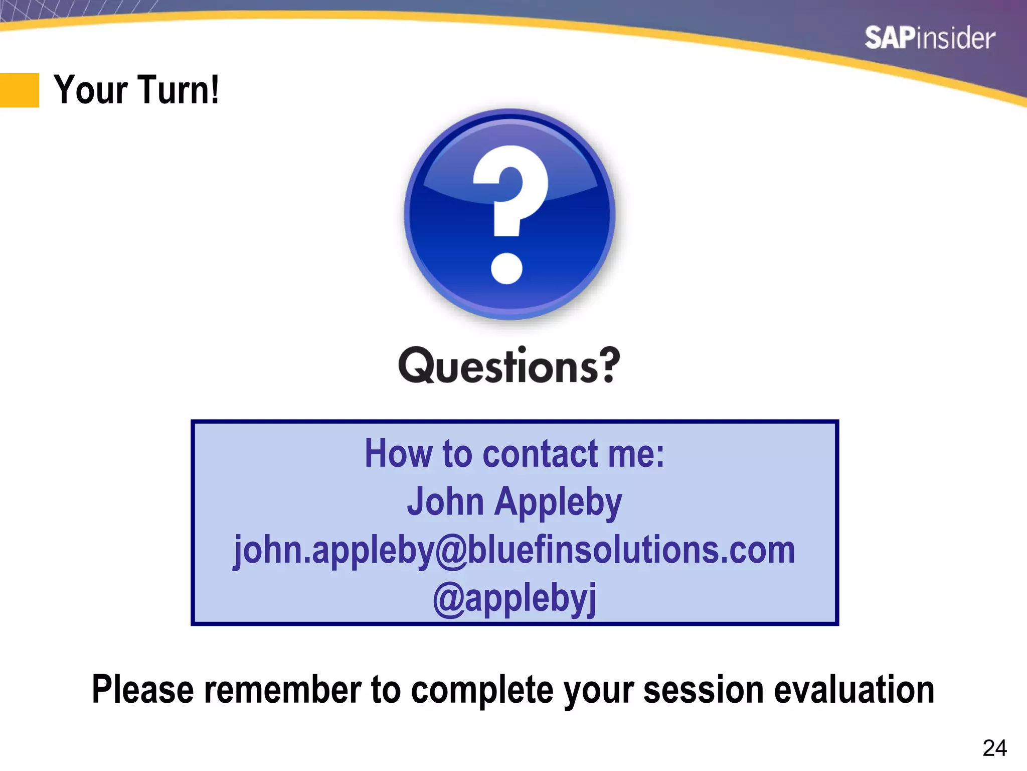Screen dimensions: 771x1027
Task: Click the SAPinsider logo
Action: click(929, 38)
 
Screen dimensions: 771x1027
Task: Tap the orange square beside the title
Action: click(20, 90)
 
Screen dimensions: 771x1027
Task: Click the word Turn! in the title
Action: click(178, 90)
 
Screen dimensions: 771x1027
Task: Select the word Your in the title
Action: click(91, 90)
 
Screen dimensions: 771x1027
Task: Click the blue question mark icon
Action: click(509, 214)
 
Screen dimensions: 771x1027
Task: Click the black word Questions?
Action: click(509, 365)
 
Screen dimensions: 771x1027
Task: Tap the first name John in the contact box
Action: click(445, 501)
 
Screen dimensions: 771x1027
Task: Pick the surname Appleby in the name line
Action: click(558, 502)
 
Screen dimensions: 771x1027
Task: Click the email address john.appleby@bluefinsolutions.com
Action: click(515, 550)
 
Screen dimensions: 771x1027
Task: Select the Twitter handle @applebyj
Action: click(515, 598)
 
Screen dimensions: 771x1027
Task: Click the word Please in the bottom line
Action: click(142, 689)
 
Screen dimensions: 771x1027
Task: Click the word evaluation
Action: click(854, 689)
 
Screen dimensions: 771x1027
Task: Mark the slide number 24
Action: click(994, 748)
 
